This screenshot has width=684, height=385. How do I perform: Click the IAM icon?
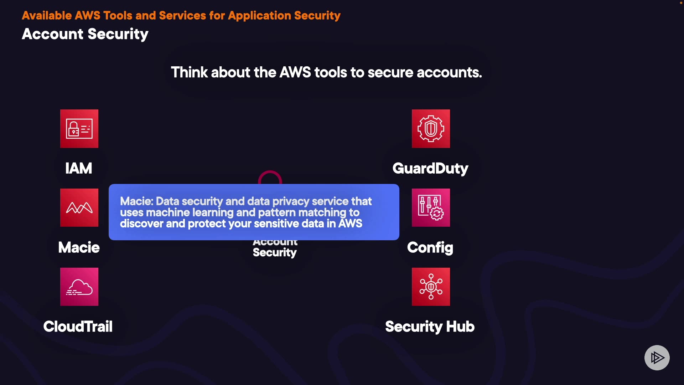(x=79, y=129)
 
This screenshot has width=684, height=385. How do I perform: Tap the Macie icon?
(x=79, y=208)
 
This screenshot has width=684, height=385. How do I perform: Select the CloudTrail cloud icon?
(x=79, y=287)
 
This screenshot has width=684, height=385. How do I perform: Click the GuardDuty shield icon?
(x=431, y=129)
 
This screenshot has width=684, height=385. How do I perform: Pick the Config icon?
(x=431, y=208)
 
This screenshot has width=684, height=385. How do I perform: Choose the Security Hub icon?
(x=431, y=287)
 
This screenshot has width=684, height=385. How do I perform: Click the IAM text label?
(x=79, y=168)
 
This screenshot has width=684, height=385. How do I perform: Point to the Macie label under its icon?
(x=79, y=247)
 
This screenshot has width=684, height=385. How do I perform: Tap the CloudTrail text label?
(x=78, y=327)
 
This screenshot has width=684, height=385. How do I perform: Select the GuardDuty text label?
(x=430, y=168)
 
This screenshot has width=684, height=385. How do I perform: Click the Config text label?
(x=430, y=247)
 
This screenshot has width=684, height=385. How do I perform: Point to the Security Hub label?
(x=430, y=327)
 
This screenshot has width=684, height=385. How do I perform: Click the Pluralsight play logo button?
(x=657, y=358)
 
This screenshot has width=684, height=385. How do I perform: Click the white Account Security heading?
(x=85, y=34)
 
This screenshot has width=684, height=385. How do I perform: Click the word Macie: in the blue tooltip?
(x=137, y=201)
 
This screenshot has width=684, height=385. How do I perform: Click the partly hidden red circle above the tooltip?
(x=270, y=177)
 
